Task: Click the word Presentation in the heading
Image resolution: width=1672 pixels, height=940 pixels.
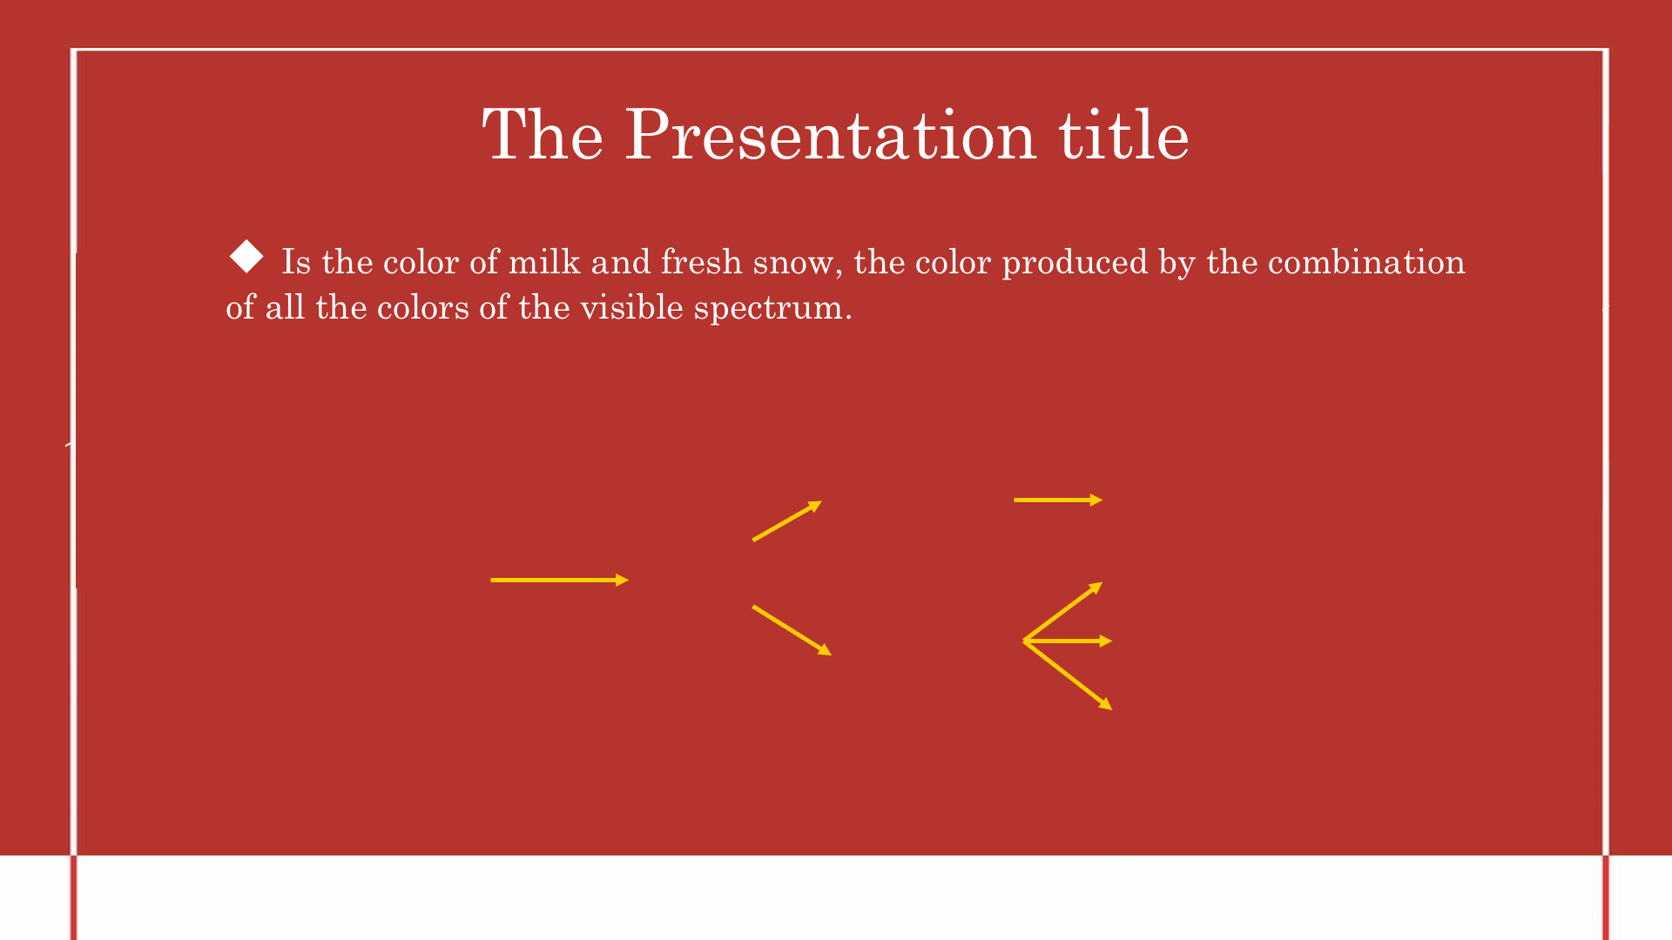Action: click(x=831, y=136)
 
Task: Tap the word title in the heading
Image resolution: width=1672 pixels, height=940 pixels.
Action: click(x=1124, y=134)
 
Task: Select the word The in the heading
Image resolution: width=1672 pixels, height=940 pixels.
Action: click(x=543, y=134)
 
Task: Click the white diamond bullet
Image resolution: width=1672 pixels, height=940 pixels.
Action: click(x=246, y=257)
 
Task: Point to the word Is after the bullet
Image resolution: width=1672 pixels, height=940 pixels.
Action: click(x=296, y=262)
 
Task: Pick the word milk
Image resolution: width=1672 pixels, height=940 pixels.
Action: click(x=544, y=262)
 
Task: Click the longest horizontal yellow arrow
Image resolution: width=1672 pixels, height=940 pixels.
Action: click(x=560, y=580)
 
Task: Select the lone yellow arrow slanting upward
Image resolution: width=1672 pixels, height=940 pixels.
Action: click(x=787, y=520)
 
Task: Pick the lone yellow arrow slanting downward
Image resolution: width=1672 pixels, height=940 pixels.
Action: click(x=792, y=630)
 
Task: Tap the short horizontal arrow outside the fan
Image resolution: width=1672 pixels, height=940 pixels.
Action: click(x=1058, y=500)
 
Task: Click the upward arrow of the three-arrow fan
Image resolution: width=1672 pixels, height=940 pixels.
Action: click(x=1063, y=611)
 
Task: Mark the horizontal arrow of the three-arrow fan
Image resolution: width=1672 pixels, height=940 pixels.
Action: click(x=1068, y=641)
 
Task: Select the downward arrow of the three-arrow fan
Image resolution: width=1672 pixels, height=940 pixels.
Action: click(x=1068, y=675)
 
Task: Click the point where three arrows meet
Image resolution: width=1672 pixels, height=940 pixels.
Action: click(x=1024, y=641)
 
